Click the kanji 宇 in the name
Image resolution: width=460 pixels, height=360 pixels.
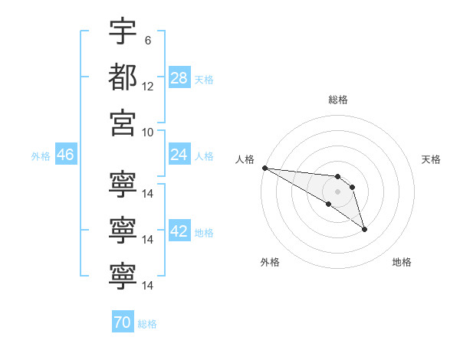click(123, 32)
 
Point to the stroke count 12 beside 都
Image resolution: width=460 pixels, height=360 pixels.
click(147, 87)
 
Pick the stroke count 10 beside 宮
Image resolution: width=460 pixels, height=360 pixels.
click(147, 132)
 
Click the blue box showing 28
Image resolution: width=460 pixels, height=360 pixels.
click(179, 78)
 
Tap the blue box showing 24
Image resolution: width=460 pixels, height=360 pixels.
click(179, 155)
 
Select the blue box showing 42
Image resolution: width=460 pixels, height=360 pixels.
click(179, 231)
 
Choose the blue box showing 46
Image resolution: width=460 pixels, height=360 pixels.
click(65, 155)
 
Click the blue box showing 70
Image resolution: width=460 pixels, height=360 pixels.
click(123, 322)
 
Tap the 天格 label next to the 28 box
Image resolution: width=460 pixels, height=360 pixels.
click(203, 79)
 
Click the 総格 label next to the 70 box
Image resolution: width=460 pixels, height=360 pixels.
click(147, 324)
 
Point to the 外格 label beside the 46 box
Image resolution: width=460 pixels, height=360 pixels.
click(41, 155)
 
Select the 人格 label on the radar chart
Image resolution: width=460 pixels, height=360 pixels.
click(245, 159)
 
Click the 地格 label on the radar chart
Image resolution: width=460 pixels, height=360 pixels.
click(402, 262)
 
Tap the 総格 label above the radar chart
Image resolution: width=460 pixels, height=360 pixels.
click(337, 100)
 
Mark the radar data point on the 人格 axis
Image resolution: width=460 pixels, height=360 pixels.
click(264, 168)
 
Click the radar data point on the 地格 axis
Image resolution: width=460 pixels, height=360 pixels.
click(364, 229)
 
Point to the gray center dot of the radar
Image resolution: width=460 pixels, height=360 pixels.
click(337, 191)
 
